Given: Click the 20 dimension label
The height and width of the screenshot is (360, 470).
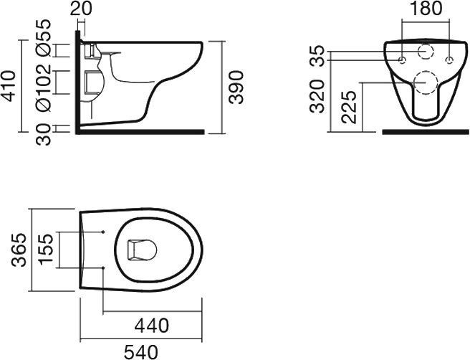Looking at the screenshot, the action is (81, 9).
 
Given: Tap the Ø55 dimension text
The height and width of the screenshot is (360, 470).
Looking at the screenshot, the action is (43, 38).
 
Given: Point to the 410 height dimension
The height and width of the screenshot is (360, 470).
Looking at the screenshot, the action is (8, 86).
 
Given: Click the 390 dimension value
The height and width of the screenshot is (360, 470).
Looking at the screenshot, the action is (236, 87).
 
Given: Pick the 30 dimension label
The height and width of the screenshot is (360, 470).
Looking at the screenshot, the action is (43, 134).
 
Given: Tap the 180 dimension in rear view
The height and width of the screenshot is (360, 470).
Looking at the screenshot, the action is (426, 9).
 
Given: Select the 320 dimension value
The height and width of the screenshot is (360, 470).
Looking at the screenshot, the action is (317, 97).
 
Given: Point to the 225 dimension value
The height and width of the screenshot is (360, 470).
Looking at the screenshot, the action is (350, 107).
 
